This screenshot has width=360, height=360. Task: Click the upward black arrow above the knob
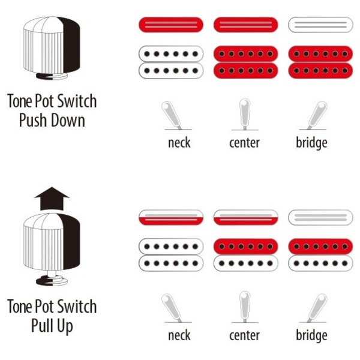[52, 199]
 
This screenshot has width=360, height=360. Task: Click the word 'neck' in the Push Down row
[179, 143]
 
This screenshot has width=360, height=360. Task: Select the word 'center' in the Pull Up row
[245, 335]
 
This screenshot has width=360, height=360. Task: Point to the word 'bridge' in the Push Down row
[311, 143]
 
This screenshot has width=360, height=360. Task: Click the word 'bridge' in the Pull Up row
[311, 335]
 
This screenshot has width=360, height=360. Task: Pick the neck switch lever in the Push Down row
[171, 115]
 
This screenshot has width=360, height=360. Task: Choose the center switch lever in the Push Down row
[245, 113]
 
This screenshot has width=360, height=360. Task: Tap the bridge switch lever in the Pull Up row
[317, 308]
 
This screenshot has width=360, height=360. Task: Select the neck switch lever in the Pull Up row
[171, 308]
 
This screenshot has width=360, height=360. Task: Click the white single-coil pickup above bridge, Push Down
[320, 25]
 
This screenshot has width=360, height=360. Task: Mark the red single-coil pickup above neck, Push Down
[171, 25]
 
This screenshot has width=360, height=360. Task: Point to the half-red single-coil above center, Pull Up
[245, 217]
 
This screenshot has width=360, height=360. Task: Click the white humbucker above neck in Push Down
[171, 62]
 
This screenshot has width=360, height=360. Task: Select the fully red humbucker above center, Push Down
[245, 62]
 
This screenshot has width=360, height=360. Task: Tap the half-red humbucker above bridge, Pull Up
[320, 255]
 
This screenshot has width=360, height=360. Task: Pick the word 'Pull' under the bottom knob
[42, 325]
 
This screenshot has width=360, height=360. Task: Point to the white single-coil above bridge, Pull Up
[320, 217]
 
